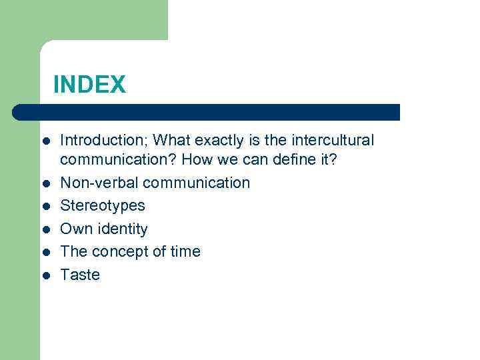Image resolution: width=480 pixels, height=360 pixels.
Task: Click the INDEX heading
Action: point(89,85)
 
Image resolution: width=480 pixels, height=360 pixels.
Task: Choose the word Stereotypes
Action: point(102,206)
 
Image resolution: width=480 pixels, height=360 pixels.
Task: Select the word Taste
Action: point(80,275)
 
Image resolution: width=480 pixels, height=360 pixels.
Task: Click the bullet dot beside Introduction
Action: point(45,141)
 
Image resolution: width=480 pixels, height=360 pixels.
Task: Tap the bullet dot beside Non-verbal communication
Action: point(45,183)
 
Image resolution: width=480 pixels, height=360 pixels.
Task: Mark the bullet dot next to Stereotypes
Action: point(45,206)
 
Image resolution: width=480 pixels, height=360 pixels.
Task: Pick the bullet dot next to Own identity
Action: point(45,229)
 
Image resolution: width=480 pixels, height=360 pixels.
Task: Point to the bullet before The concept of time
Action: point(45,252)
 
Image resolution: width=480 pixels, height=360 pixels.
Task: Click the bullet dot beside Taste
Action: point(45,275)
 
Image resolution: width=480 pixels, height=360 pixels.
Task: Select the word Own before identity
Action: point(73,229)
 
